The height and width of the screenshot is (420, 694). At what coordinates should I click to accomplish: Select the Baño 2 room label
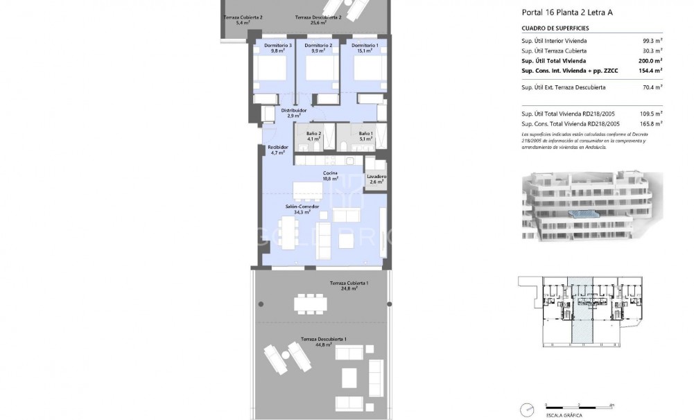point(313,134)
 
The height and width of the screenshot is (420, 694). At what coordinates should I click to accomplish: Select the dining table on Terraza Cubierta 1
point(311,304)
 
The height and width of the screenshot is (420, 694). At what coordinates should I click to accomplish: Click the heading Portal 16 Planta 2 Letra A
point(566,12)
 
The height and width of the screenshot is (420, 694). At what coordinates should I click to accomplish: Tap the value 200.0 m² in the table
point(651,60)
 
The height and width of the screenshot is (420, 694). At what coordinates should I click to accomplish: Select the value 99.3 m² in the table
point(652,41)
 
